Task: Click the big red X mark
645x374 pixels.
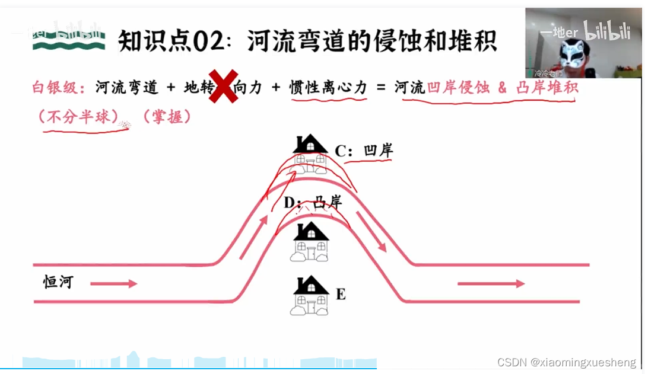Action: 223,88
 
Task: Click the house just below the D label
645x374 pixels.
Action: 310,241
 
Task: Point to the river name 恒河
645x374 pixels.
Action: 58,282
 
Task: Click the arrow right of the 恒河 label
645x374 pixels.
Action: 113,284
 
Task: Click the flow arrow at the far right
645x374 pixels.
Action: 491,284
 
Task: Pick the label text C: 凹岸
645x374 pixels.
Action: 364,151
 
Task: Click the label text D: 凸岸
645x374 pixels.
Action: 313,203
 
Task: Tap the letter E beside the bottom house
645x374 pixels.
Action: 341,294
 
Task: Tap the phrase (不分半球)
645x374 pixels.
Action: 81,117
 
